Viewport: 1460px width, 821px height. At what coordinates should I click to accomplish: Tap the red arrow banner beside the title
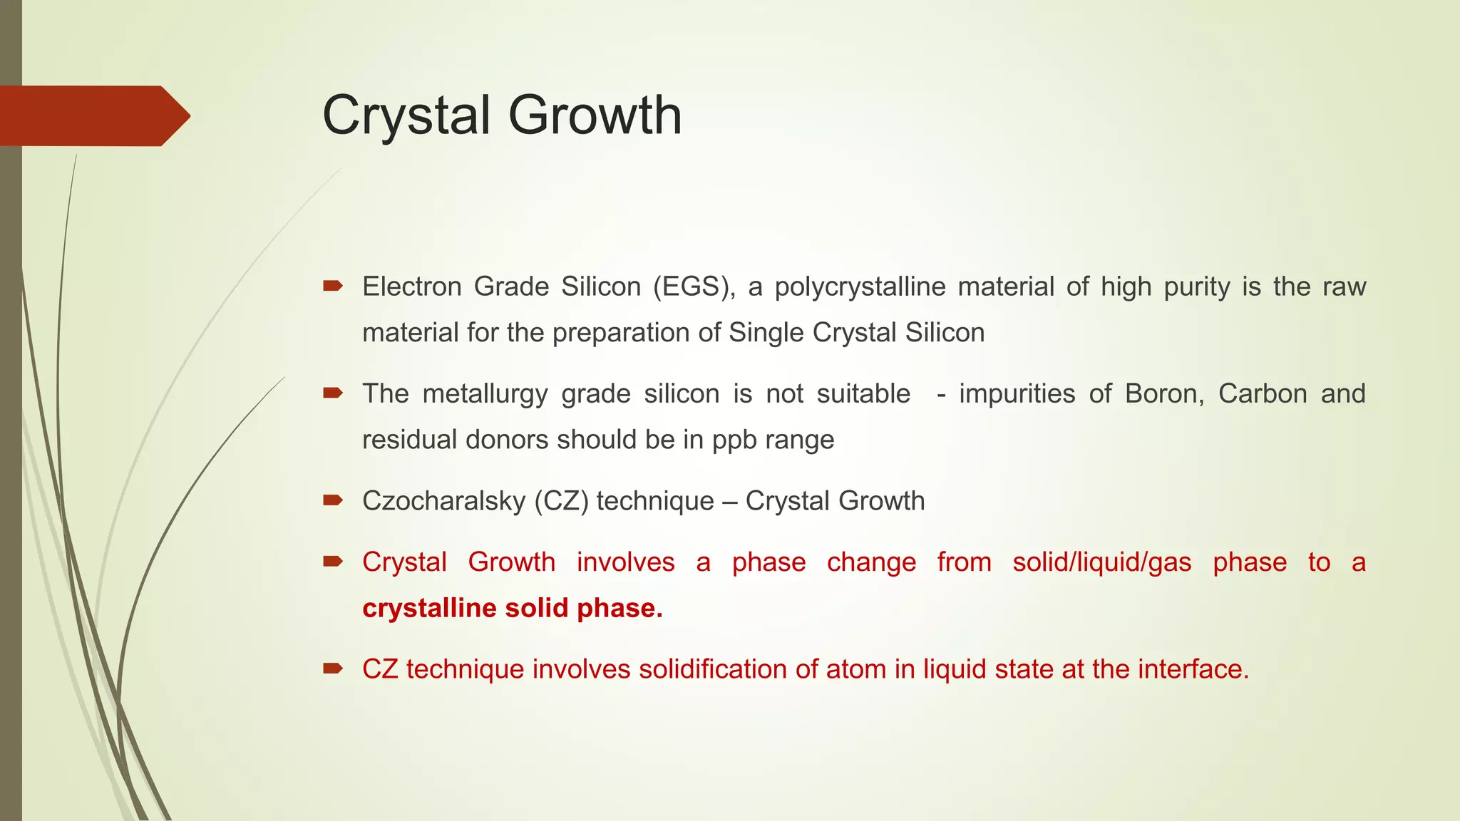[x=93, y=115]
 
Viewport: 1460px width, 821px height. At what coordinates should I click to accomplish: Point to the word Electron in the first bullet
[x=412, y=286]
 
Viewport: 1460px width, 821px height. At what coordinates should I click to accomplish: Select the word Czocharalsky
[x=443, y=502]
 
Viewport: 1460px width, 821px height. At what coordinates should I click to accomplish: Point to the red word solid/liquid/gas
[x=1102, y=562]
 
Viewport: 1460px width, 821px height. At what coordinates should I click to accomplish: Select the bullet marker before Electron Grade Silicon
[x=332, y=286]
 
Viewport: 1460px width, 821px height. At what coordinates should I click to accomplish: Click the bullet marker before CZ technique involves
[x=332, y=668]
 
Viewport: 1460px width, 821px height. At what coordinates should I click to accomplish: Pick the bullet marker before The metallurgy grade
[x=332, y=393]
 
